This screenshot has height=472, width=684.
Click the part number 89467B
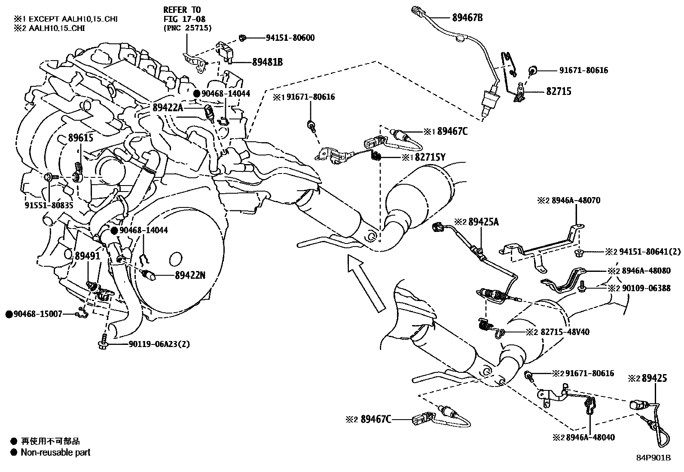(467, 18)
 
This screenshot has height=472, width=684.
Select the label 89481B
(267, 62)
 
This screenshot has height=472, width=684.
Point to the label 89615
(81, 138)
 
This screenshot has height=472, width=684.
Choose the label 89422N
(190, 275)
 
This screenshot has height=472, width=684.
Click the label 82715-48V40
(565, 332)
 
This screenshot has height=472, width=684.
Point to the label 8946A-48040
(590, 437)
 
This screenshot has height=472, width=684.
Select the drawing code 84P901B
(653, 457)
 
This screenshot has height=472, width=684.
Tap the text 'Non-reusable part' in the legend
(55, 452)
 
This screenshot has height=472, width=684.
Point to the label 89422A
(168, 108)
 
